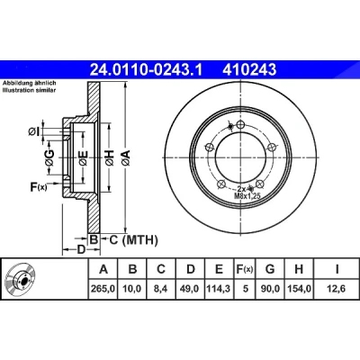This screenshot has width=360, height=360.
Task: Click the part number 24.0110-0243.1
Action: pyautogui.click(x=147, y=70)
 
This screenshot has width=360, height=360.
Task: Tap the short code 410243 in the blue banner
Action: pyautogui.click(x=249, y=70)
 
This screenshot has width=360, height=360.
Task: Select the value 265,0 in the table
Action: pyautogui.click(x=103, y=289)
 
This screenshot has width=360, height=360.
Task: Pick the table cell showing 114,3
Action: pyautogui.click(x=219, y=289)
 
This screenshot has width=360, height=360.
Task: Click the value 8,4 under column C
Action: pyautogui.click(x=161, y=289)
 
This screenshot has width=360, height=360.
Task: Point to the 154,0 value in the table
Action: pyautogui.click(x=299, y=289)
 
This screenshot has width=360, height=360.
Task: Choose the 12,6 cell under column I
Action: pyautogui.click(x=337, y=289)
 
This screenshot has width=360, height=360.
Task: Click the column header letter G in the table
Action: pyautogui.click(x=270, y=269)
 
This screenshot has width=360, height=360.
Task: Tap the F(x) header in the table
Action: pyautogui.click(x=245, y=269)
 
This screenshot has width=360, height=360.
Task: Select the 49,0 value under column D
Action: pyautogui.click(x=190, y=289)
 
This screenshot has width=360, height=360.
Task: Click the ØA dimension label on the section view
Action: pyautogui.click(x=126, y=157)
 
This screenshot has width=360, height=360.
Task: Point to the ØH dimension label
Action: pyautogui.click(x=110, y=157)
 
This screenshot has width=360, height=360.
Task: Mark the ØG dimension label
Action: pyautogui.click(x=50, y=157)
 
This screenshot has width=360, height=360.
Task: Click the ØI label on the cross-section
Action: pyautogui.click(x=34, y=131)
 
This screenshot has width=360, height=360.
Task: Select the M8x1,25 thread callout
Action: pyautogui.click(x=247, y=196)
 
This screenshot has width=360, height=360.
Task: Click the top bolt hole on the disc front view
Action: pyautogui.click(x=240, y=124)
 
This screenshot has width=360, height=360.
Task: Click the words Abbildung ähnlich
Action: pyautogui.click(x=30, y=83)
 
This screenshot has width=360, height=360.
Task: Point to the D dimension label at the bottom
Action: pyautogui.click(x=81, y=249)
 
